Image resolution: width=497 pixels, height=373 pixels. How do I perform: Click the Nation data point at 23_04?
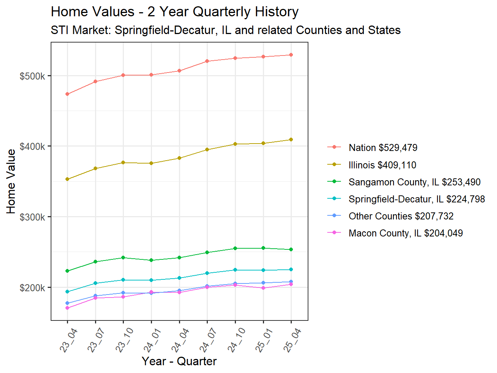pos(67,94)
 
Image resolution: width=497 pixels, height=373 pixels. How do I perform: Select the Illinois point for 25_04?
pos(291,140)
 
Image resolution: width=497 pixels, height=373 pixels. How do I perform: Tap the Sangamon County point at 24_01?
pos(151,260)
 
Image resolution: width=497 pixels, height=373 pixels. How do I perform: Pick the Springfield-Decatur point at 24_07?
pos(207,273)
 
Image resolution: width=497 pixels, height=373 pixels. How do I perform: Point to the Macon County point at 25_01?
pos(263,288)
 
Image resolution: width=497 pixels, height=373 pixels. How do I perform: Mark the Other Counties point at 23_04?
pos(67,303)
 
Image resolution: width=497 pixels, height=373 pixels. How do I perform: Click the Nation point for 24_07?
pos(207,61)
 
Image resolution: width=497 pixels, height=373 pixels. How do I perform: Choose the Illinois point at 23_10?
pos(123,162)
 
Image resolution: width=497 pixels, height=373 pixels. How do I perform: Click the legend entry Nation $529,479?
pos(383,148)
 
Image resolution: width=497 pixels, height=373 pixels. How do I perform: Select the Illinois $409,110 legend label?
pos(382,165)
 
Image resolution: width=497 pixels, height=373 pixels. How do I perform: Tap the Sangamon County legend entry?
pos(414,182)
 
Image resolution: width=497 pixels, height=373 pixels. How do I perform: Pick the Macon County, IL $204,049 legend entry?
pos(405,233)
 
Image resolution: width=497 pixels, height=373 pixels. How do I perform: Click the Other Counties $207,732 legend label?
pos(400,216)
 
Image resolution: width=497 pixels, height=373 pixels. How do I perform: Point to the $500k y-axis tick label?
pos(32,76)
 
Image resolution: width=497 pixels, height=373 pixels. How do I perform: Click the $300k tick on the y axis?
pos(32,217)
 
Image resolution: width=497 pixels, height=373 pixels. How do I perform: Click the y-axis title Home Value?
pos(11,181)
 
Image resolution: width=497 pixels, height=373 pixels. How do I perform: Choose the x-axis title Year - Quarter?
pos(179,361)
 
